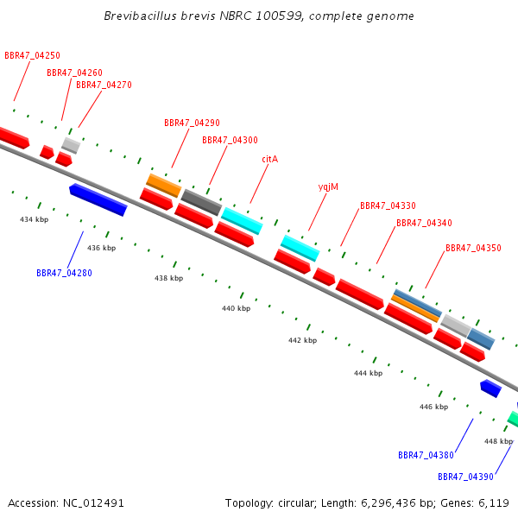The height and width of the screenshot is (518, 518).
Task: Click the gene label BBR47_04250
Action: tap(33, 55)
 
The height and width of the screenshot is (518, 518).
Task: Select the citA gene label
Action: tap(270, 159)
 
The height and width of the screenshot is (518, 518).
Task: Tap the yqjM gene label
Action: tap(328, 187)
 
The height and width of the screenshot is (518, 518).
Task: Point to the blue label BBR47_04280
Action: tap(64, 273)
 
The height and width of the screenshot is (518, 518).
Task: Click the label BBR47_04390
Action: tap(465, 477)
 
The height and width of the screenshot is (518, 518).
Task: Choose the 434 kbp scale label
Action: tap(34, 219)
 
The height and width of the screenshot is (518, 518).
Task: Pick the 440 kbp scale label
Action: tap(237, 308)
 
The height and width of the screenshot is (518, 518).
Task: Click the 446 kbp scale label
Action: tap(433, 407)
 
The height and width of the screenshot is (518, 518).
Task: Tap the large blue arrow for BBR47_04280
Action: tap(98, 199)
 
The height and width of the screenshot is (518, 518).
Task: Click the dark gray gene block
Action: tap(201, 202)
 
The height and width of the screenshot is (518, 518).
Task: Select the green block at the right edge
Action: tap(514, 419)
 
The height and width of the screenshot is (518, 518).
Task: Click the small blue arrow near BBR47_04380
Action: tap(491, 388)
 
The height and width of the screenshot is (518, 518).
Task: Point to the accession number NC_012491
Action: tap(93, 503)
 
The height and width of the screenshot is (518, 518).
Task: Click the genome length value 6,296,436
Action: tap(388, 503)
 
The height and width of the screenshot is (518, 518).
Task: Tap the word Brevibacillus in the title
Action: tap(141, 16)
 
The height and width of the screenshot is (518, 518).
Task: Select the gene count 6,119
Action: tap(494, 503)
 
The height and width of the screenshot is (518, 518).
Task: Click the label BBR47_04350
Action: tap(473, 248)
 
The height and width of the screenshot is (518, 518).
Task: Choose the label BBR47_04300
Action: tap(230, 140)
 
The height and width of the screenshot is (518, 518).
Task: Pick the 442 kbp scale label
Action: tap(303, 340)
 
